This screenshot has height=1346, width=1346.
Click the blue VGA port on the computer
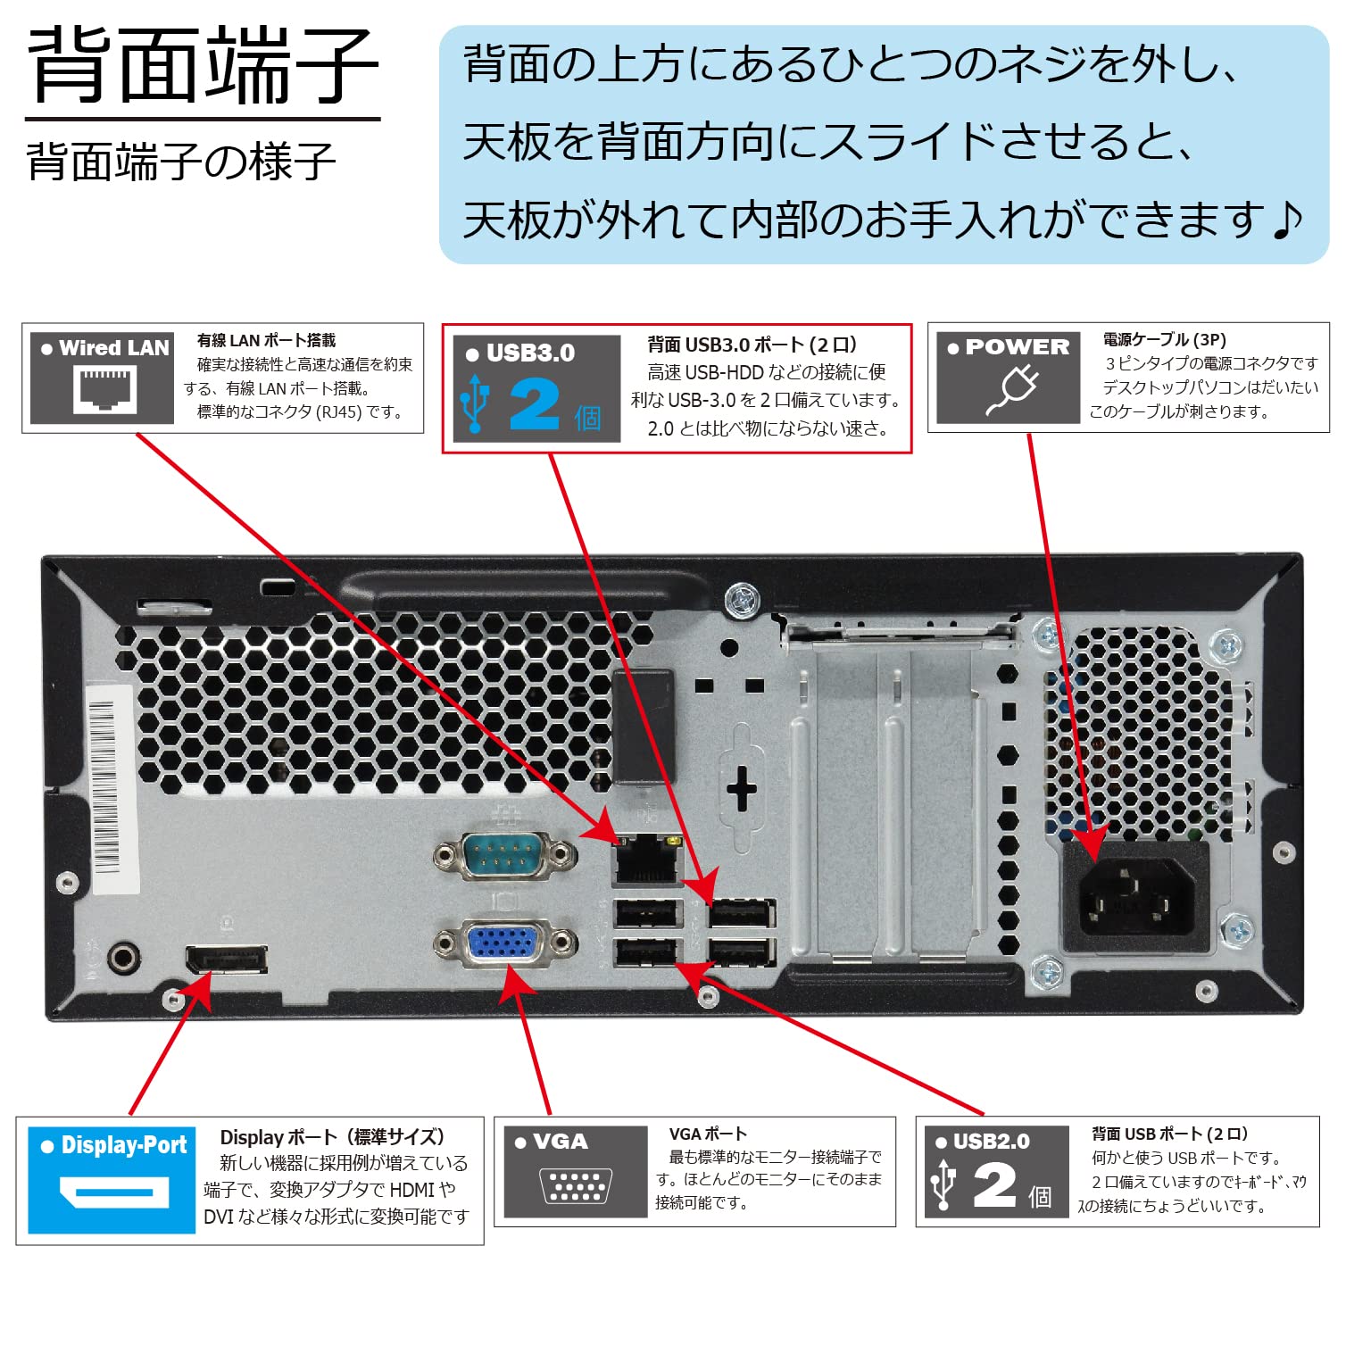pyautogui.click(x=504, y=943)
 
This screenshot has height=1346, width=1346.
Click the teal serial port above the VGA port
pyautogui.click(x=504, y=855)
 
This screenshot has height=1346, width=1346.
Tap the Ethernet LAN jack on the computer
pyautogui.click(x=646, y=861)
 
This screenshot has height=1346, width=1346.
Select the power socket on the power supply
pyautogui.click(x=1135, y=897)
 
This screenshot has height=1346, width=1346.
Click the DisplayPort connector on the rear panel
pyautogui.click(x=226, y=960)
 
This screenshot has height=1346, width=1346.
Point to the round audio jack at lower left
pyautogui.click(x=123, y=960)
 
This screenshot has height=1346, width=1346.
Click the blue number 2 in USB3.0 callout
pyautogui.click(x=534, y=406)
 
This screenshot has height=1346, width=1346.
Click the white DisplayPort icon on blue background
pyautogui.click(x=113, y=1192)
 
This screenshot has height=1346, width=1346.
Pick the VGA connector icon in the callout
pyautogui.click(x=575, y=1186)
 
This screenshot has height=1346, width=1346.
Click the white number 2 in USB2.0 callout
pyautogui.click(x=994, y=1185)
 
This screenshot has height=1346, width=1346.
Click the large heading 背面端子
pyautogui.click(x=204, y=67)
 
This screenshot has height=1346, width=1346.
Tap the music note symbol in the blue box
pyautogui.click(x=1286, y=220)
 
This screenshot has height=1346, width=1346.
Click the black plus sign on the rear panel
pyautogui.click(x=742, y=789)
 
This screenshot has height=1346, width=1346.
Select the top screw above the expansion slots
pyautogui.click(x=742, y=600)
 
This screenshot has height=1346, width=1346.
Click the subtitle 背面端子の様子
pyautogui.click(x=181, y=162)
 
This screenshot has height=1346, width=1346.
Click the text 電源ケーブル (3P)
pyautogui.click(x=1164, y=339)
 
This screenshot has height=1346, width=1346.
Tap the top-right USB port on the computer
pyautogui.click(x=742, y=914)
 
